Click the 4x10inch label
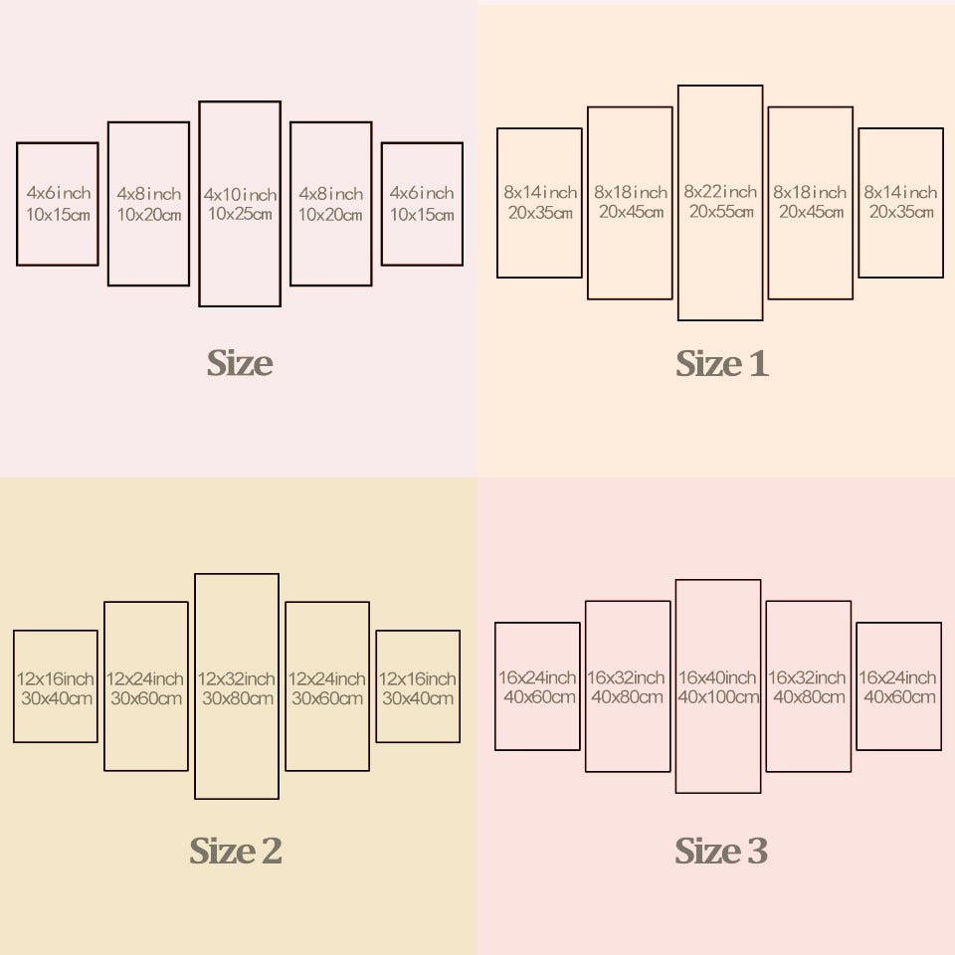click(x=240, y=194)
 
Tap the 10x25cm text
click(x=240, y=214)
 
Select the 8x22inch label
click(x=721, y=192)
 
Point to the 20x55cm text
click(x=721, y=212)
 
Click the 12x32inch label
click(x=237, y=678)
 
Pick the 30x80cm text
click(x=237, y=698)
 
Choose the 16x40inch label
click(x=719, y=677)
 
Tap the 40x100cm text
click(x=719, y=697)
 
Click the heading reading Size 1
click(x=722, y=364)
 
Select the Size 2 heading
click(x=236, y=852)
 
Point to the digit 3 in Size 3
click(x=757, y=852)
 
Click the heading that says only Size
click(x=240, y=363)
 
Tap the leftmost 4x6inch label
click(x=59, y=193)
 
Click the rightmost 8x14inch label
click(x=901, y=192)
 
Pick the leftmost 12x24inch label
click(x=145, y=678)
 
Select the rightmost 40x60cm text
click(x=900, y=697)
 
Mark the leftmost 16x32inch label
click(x=627, y=677)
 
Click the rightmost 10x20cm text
click(x=331, y=214)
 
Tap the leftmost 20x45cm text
click(x=631, y=212)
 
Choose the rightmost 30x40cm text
click(x=419, y=698)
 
